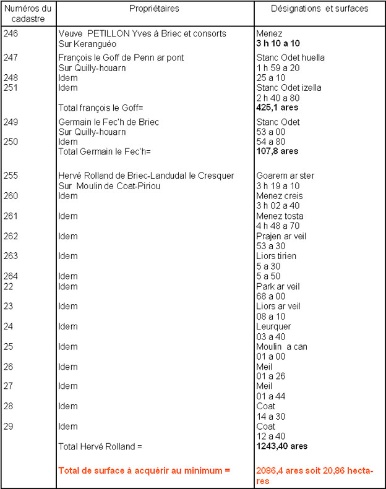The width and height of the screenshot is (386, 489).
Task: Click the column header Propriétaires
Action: (155, 9)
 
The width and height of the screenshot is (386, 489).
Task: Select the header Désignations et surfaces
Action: (319, 9)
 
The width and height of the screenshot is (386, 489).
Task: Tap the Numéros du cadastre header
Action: (28, 13)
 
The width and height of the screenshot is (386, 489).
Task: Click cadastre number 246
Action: (11, 33)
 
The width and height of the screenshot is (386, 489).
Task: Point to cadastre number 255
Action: (11, 176)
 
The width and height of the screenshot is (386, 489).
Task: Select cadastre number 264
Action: (11, 276)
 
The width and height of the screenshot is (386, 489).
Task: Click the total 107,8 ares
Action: (277, 151)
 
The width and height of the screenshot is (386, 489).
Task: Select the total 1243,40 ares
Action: (282, 446)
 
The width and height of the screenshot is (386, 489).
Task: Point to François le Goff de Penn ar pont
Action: (121, 58)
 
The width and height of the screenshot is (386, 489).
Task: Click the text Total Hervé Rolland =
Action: (100, 446)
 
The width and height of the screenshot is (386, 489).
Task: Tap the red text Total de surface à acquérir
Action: (144, 470)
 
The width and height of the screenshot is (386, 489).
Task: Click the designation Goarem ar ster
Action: (285, 176)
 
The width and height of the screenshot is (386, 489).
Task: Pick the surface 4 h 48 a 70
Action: (280, 226)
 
